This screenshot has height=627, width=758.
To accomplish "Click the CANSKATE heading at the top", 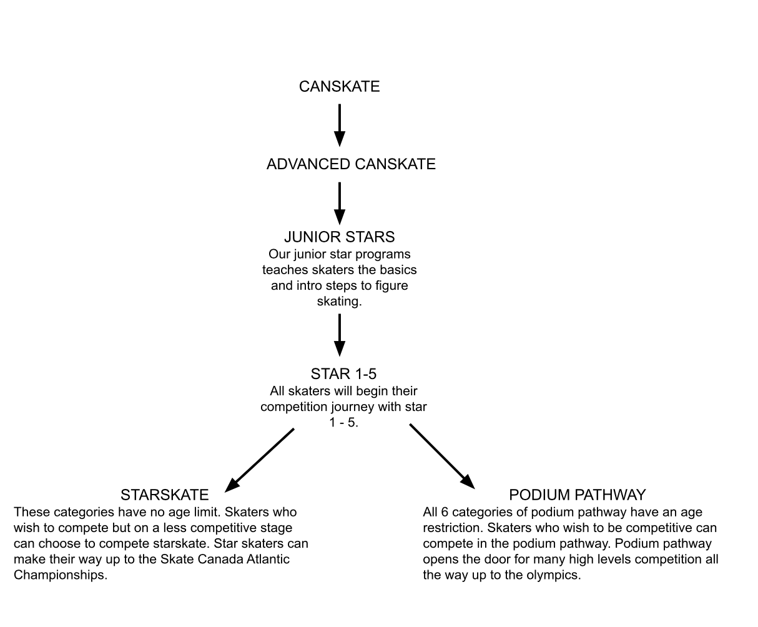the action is coord(340,86).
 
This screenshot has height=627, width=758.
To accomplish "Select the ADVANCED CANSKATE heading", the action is coord(351,164).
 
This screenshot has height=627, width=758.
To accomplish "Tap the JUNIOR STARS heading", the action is coord(340,237).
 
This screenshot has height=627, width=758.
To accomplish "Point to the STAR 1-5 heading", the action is coord(343,373).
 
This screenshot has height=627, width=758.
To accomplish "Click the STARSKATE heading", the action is coord(165,495).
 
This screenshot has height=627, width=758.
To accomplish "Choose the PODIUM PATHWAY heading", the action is coord(578,495).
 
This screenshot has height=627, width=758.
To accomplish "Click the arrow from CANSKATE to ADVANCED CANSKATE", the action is coord(340,126).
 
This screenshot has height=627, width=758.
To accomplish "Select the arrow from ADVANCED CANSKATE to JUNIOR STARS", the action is coord(340,204).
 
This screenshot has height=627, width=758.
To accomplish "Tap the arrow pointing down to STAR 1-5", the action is coord(340,335).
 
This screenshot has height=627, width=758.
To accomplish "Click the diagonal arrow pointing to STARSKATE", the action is coord(259,460).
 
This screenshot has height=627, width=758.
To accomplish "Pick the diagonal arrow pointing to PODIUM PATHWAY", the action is coord(442,457).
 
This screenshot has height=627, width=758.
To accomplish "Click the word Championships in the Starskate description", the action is coord(61,575).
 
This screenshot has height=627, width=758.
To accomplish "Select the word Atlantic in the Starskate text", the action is coord(268,559).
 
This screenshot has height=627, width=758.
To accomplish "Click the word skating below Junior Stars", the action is coord(340,302).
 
